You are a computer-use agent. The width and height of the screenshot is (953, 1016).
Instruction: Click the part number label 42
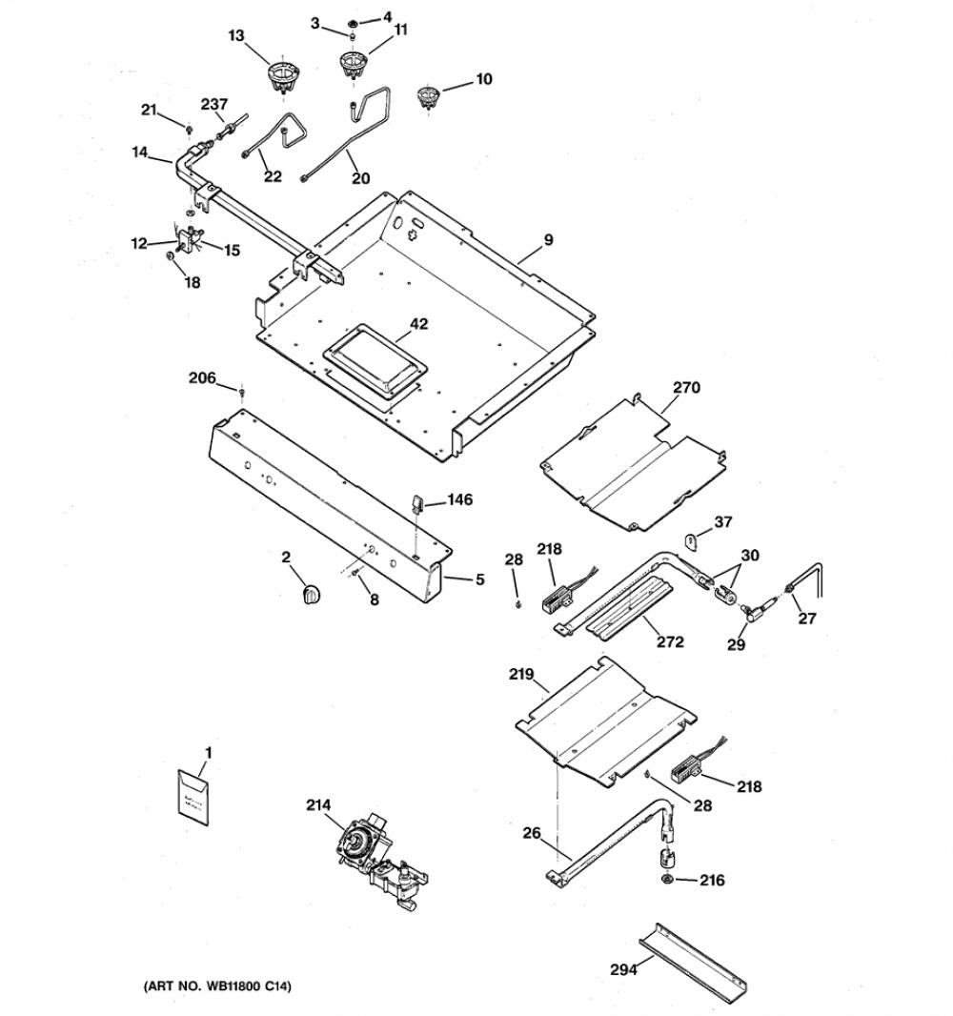point(419,323)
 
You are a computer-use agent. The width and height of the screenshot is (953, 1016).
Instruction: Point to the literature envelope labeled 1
point(193,797)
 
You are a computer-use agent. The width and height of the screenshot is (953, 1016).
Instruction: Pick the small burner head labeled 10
point(428,96)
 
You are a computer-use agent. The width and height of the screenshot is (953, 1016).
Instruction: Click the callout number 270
point(686,388)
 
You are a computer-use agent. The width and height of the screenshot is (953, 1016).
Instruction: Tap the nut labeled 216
point(667,879)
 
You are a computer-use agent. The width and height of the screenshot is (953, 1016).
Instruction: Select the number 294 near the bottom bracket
point(624,969)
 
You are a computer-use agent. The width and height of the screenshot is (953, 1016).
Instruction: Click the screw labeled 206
point(242,392)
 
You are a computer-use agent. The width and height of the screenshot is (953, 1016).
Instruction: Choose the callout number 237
point(213,104)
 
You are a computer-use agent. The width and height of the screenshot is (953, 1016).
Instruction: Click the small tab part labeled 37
point(692,539)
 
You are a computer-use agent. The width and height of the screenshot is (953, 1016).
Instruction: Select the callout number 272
point(670,641)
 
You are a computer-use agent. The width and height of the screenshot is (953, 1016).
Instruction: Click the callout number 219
point(521,675)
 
